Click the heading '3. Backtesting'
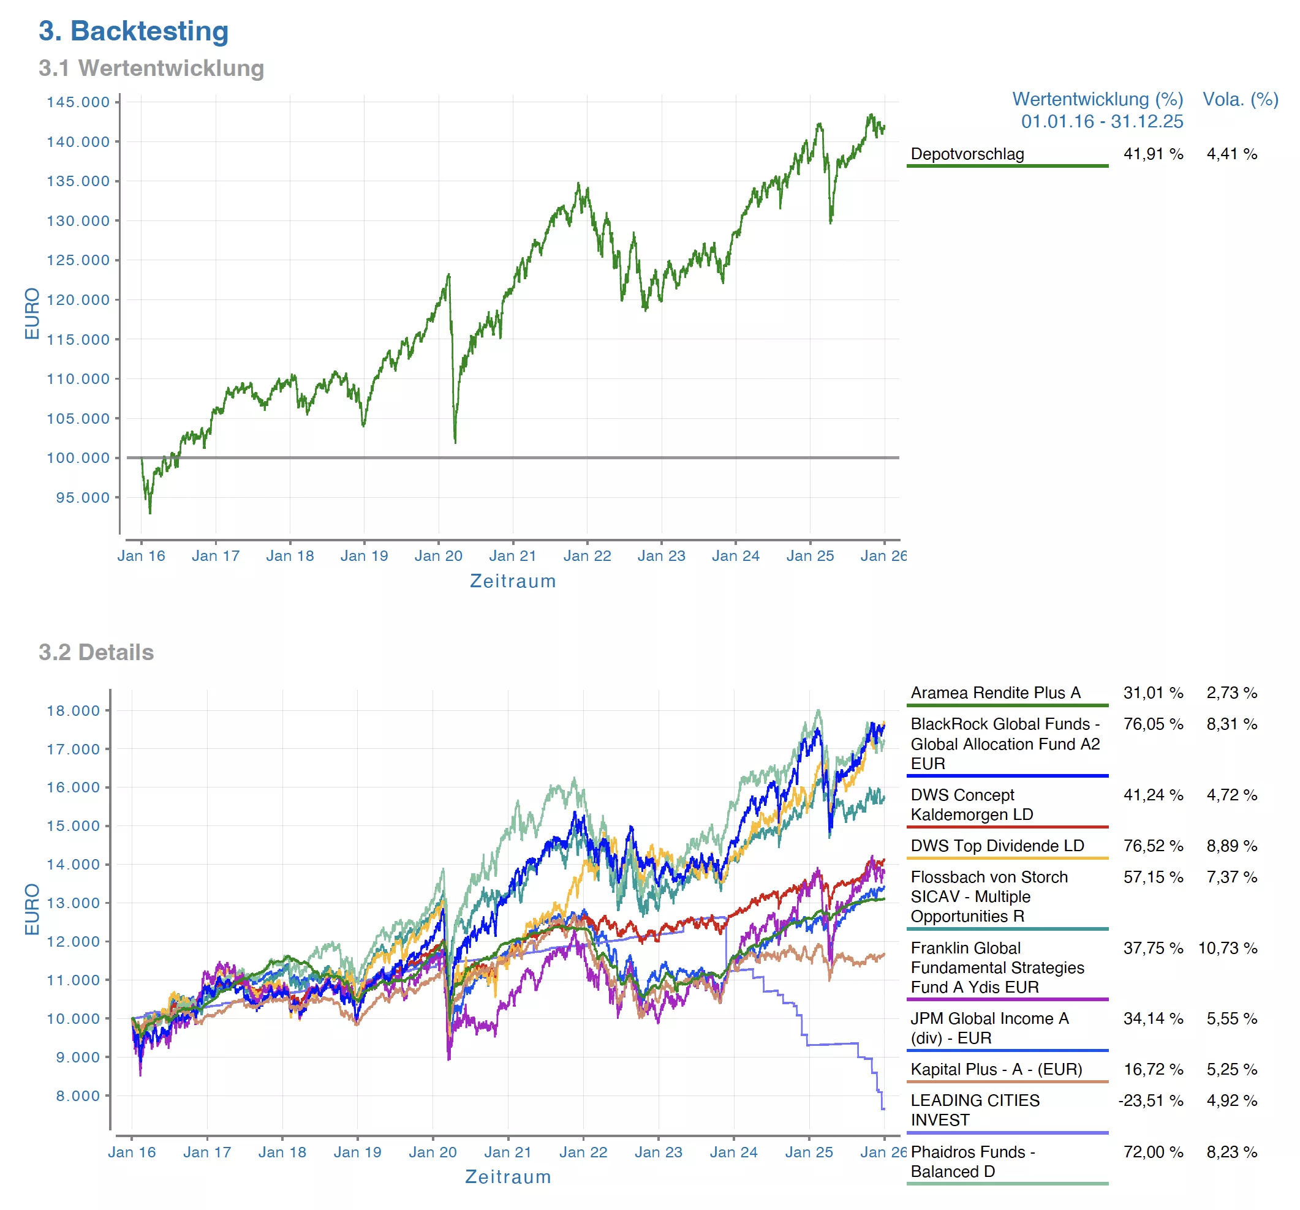coord(134,31)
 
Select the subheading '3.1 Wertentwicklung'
coord(151,68)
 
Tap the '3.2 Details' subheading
coord(96,652)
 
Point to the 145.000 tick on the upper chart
coord(78,102)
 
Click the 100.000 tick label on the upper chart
coord(78,457)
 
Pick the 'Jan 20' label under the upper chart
coord(438,555)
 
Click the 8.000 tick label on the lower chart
coord(82,1095)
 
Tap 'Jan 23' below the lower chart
coord(658,1152)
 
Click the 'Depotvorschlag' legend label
coord(967,154)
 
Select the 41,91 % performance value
coord(1153,154)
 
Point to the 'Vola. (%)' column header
coord(1240,99)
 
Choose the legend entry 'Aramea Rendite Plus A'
coord(996,693)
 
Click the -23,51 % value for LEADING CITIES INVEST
coord(1151,1100)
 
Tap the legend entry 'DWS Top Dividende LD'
coord(997,845)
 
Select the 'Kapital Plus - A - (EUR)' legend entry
coord(996,1069)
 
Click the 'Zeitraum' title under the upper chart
coord(513,581)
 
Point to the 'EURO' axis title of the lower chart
coord(32,909)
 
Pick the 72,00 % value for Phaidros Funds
coord(1153,1152)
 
